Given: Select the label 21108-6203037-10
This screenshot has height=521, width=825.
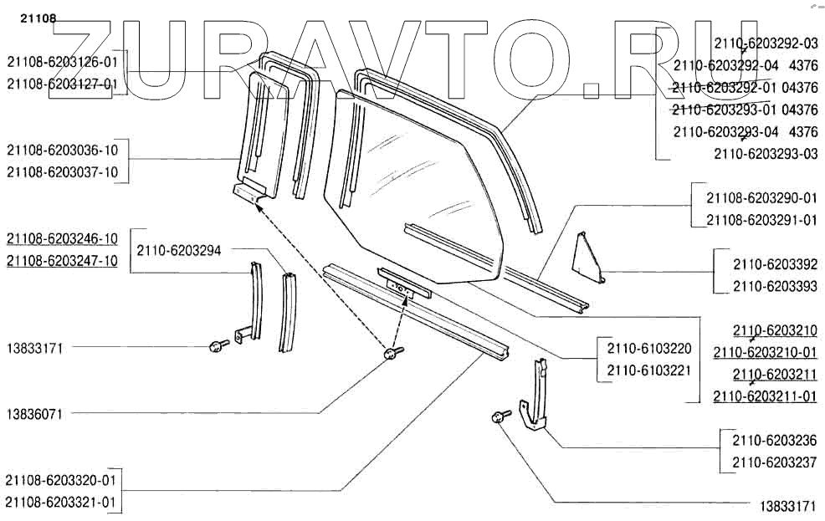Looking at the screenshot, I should tap(62, 172).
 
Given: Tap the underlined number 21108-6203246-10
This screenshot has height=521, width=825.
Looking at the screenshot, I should tap(62, 238).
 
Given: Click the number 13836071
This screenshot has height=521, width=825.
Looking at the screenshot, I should tap(35, 413).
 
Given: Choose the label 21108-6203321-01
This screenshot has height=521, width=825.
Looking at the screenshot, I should tap(62, 503).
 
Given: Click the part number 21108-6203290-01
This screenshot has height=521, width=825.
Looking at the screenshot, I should tap(761, 198).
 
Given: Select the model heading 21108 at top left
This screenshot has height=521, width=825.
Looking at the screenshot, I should tap(26, 16).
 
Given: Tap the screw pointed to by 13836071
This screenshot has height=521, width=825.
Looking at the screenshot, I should tap(392, 355).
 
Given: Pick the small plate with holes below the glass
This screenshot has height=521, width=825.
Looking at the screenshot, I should tap(403, 285).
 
